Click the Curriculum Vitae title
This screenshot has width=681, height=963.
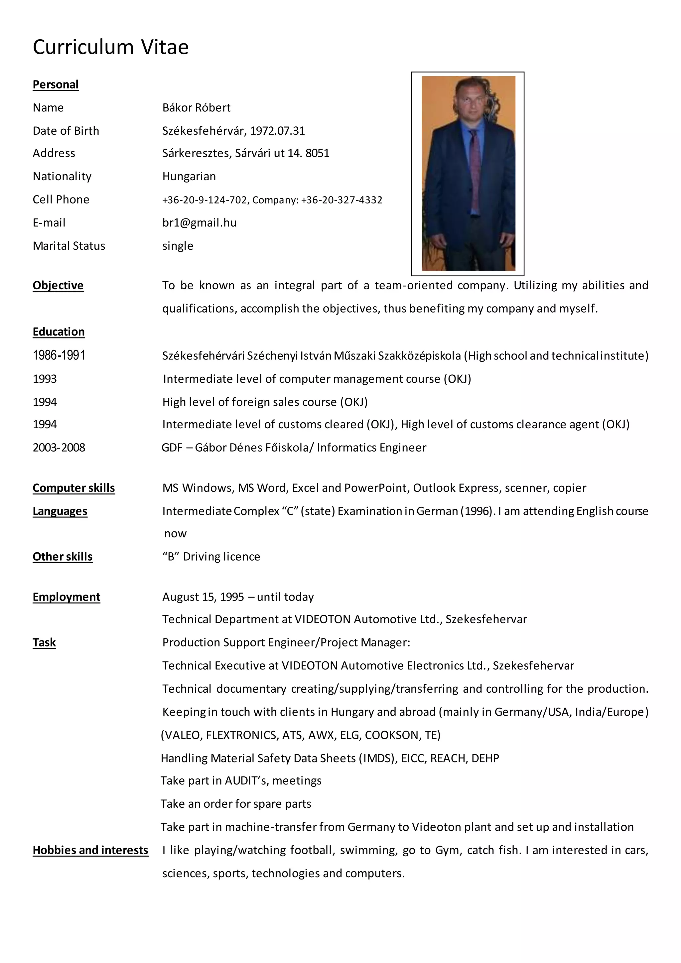(111, 47)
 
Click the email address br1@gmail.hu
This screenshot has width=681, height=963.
(199, 223)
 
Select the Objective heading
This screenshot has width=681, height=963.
(58, 285)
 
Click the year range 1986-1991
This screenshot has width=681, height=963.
(59, 355)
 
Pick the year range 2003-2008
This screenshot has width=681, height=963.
(59, 448)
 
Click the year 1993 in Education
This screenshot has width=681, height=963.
(45, 379)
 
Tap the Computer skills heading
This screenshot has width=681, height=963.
(73, 488)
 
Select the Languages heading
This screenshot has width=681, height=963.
(60, 511)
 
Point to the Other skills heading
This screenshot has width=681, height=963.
(63, 557)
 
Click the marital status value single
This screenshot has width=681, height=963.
(178, 246)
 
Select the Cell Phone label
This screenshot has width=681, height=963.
(61, 200)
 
